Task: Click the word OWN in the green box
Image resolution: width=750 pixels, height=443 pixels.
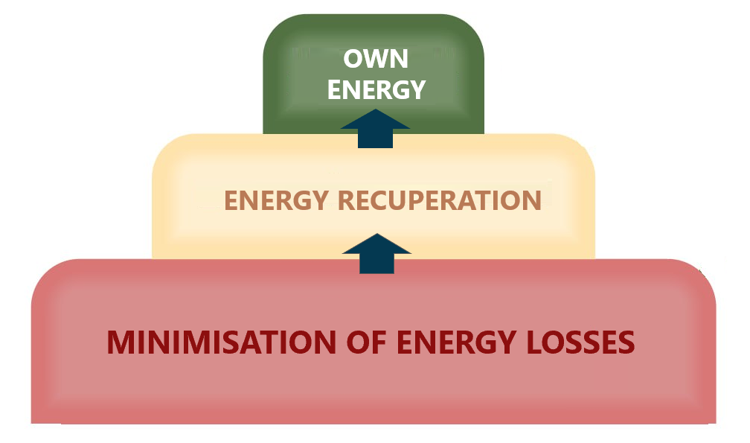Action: [x=376, y=59]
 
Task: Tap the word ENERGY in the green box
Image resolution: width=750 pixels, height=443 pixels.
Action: [x=376, y=90]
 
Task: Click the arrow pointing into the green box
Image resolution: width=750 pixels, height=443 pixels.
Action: [x=375, y=127]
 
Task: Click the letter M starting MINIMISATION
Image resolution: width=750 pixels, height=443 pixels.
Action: [x=121, y=343]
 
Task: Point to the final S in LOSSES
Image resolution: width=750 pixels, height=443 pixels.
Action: [x=626, y=343]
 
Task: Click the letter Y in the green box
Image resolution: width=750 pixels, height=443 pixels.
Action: [x=417, y=90]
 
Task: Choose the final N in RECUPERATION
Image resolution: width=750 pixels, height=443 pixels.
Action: [x=531, y=201]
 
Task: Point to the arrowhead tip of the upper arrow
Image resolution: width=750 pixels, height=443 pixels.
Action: [x=375, y=111]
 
